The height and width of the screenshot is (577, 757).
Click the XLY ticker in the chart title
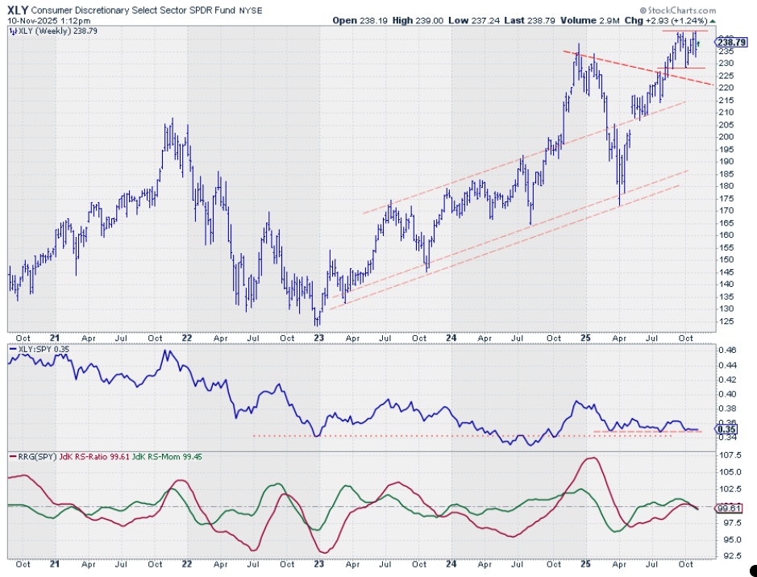click(20, 9)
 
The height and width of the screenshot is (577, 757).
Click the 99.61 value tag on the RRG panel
click(727, 508)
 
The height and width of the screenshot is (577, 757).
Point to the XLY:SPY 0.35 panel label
click(38, 349)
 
